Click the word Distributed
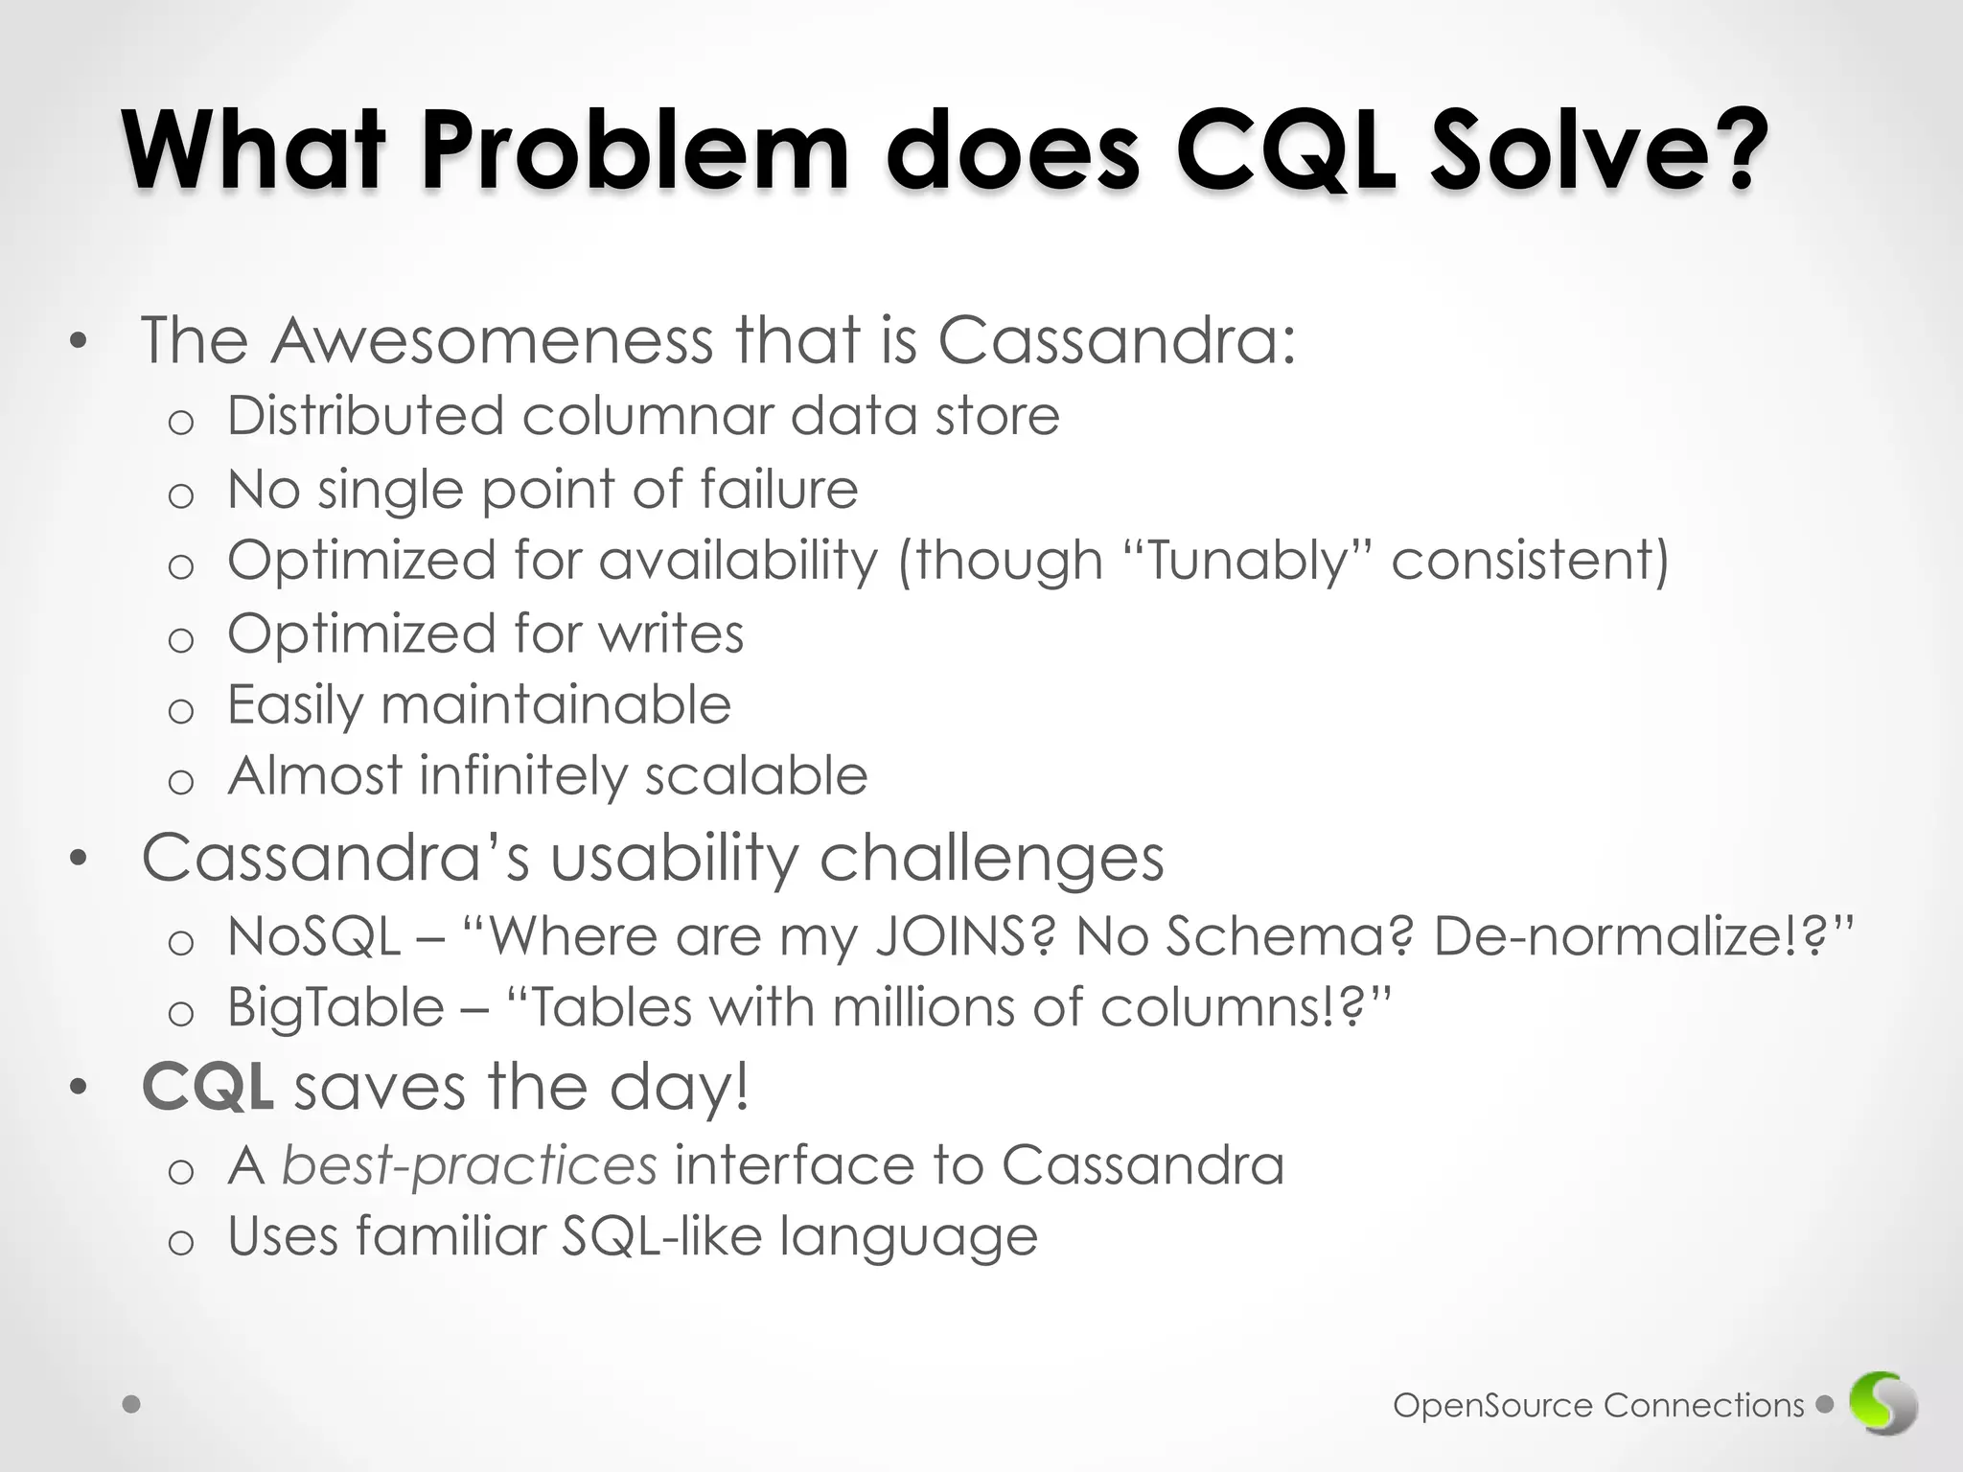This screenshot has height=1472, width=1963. [x=365, y=417]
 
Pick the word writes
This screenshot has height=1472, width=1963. [x=671, y=633]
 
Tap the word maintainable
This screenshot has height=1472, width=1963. [x=556, y=705]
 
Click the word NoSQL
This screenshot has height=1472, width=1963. [x=313, y=936]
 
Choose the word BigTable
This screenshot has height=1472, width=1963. [x=335, y=1008]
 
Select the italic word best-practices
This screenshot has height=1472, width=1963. [x=470, y=1166]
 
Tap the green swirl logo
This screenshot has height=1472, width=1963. [x=1883, y=1405]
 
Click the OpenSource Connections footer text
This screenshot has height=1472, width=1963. [x=1598, y=1406]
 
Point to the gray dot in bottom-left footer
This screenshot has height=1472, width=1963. [x=132, y=1405]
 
